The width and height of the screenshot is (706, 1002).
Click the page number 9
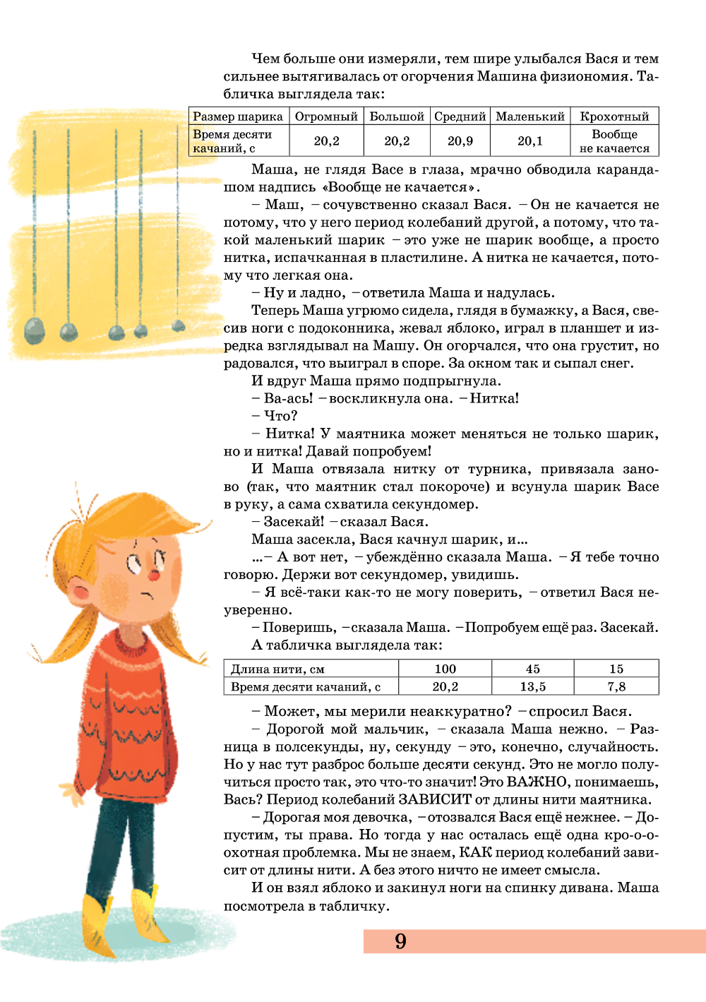click(x=400, y=941)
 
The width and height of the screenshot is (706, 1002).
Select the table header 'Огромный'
click(x=326, y=117)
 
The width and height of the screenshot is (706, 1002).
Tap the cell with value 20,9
click(x=460, y=141)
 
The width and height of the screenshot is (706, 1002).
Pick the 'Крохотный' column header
click(x=614, y=117)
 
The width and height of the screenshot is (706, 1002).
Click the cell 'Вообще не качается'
click(x=614, y=141)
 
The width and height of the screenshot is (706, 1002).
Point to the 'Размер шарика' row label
click(x=238, y=117)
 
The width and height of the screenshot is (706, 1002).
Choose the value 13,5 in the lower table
click(x=533, y=686)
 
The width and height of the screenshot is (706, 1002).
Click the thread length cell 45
click(x=533, y=669)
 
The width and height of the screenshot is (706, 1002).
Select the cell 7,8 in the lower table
click(x=616, y=686)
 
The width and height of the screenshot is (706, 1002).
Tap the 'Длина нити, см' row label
click(x=278, y=669)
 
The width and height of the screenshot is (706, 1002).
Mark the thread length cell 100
click(x=445, y=669)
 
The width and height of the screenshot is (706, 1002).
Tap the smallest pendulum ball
click(x=179, y=326)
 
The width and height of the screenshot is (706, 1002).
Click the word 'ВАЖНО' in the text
click(x=537, y=782)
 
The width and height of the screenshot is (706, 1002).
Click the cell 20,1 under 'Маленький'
click(x=530, y=141)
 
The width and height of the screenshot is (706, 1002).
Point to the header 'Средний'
click(x=460, y=117)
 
